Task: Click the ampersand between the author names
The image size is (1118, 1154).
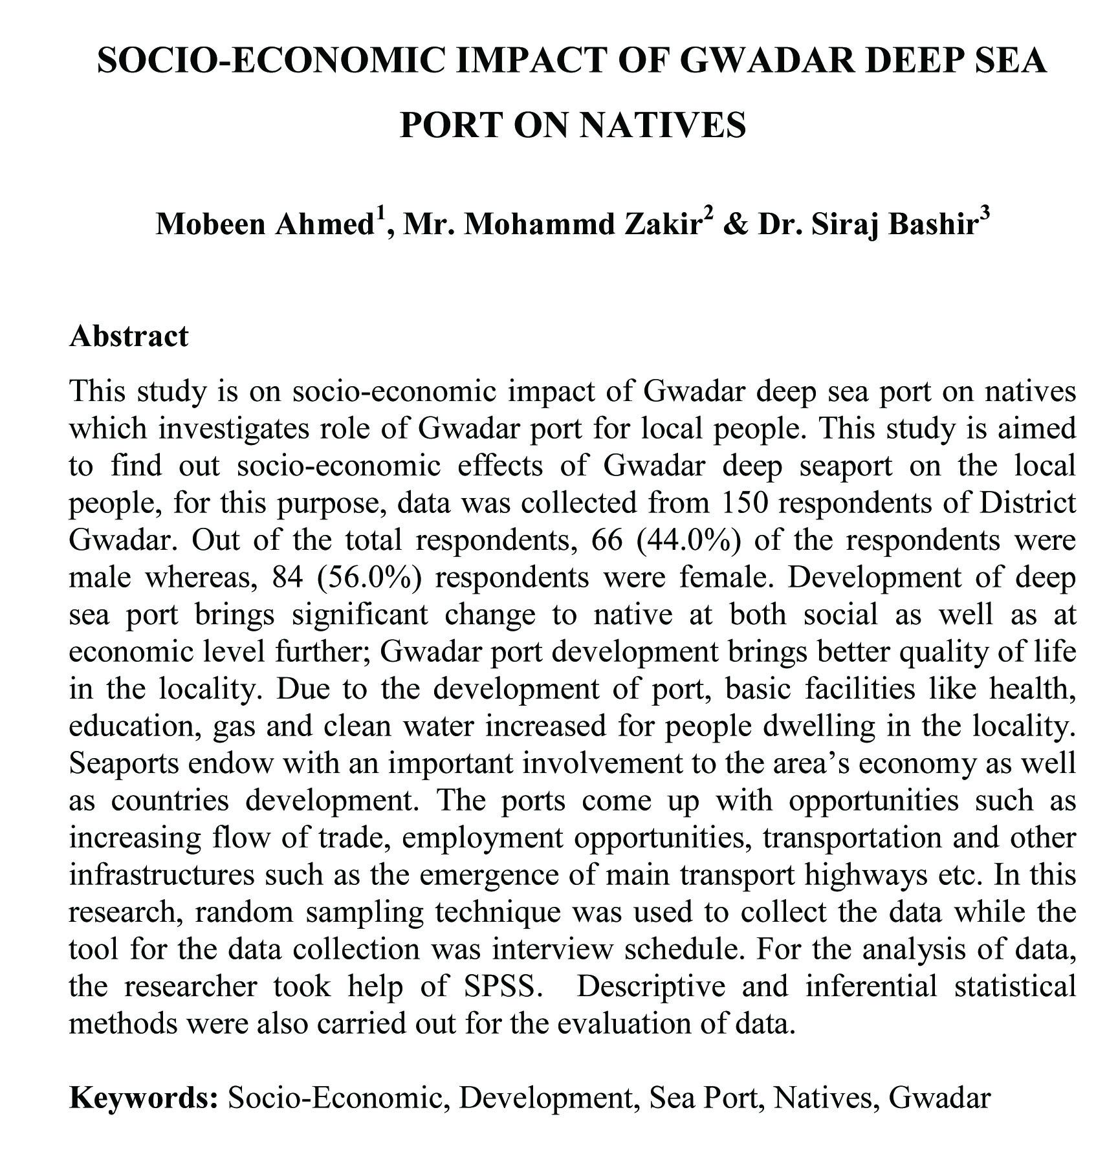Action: pos(735,224)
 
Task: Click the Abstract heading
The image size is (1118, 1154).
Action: pos(129,336)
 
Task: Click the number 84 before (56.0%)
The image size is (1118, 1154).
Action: pos(288,577)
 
